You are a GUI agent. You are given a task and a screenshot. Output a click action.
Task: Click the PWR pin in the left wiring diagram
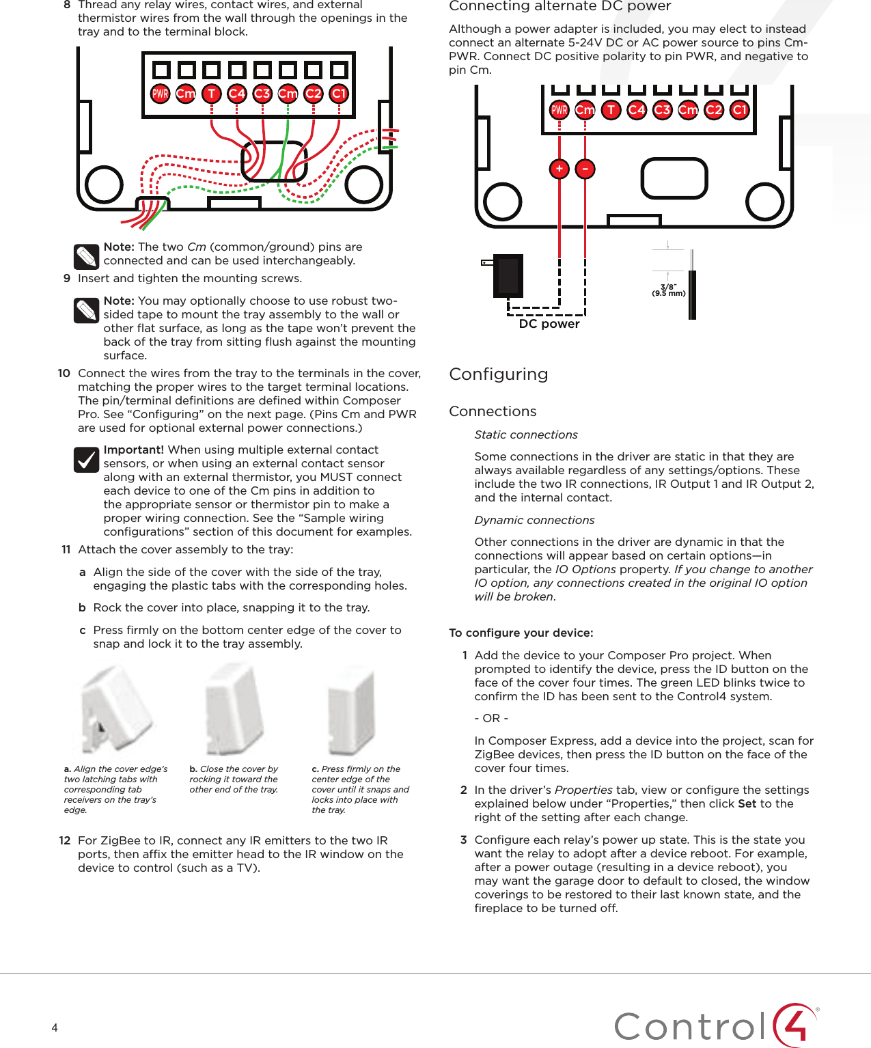[x=160, y=94]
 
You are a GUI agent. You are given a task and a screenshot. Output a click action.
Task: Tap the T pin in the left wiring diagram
[x=211, y=94]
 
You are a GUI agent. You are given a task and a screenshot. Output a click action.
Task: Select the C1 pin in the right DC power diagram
[x=739, y=110]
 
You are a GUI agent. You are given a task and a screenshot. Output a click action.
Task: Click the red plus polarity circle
[x=559, y=169]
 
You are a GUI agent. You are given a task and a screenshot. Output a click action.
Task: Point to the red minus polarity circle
[x=585, y=169]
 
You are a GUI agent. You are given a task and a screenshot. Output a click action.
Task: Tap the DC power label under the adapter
[x=549, y=324]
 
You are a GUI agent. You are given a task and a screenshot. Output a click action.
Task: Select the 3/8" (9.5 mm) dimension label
[x=668, y=290]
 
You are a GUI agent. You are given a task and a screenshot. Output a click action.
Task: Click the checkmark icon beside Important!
[x=87, y=460]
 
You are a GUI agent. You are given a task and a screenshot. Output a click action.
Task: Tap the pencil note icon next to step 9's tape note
[x=87, y=311]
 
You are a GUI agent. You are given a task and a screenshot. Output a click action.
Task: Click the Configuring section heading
[x=499, y=374]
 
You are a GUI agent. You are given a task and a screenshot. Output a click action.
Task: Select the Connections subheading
[x=493, y=411]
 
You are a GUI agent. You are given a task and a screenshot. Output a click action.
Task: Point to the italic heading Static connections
[x=525, y=435]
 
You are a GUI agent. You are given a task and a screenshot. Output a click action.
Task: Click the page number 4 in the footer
[x=55, y=1028]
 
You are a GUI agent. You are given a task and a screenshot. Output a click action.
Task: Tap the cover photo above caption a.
[x=115, y=711]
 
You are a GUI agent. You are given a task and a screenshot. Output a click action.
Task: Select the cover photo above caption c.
[x=351, y=711]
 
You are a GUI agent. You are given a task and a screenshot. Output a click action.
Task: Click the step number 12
[x=65, y=840]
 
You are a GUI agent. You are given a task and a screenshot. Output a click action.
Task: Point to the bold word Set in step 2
[x=747, y=803]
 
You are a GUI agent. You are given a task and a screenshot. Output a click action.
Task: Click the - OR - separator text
[x=491, y=718]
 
